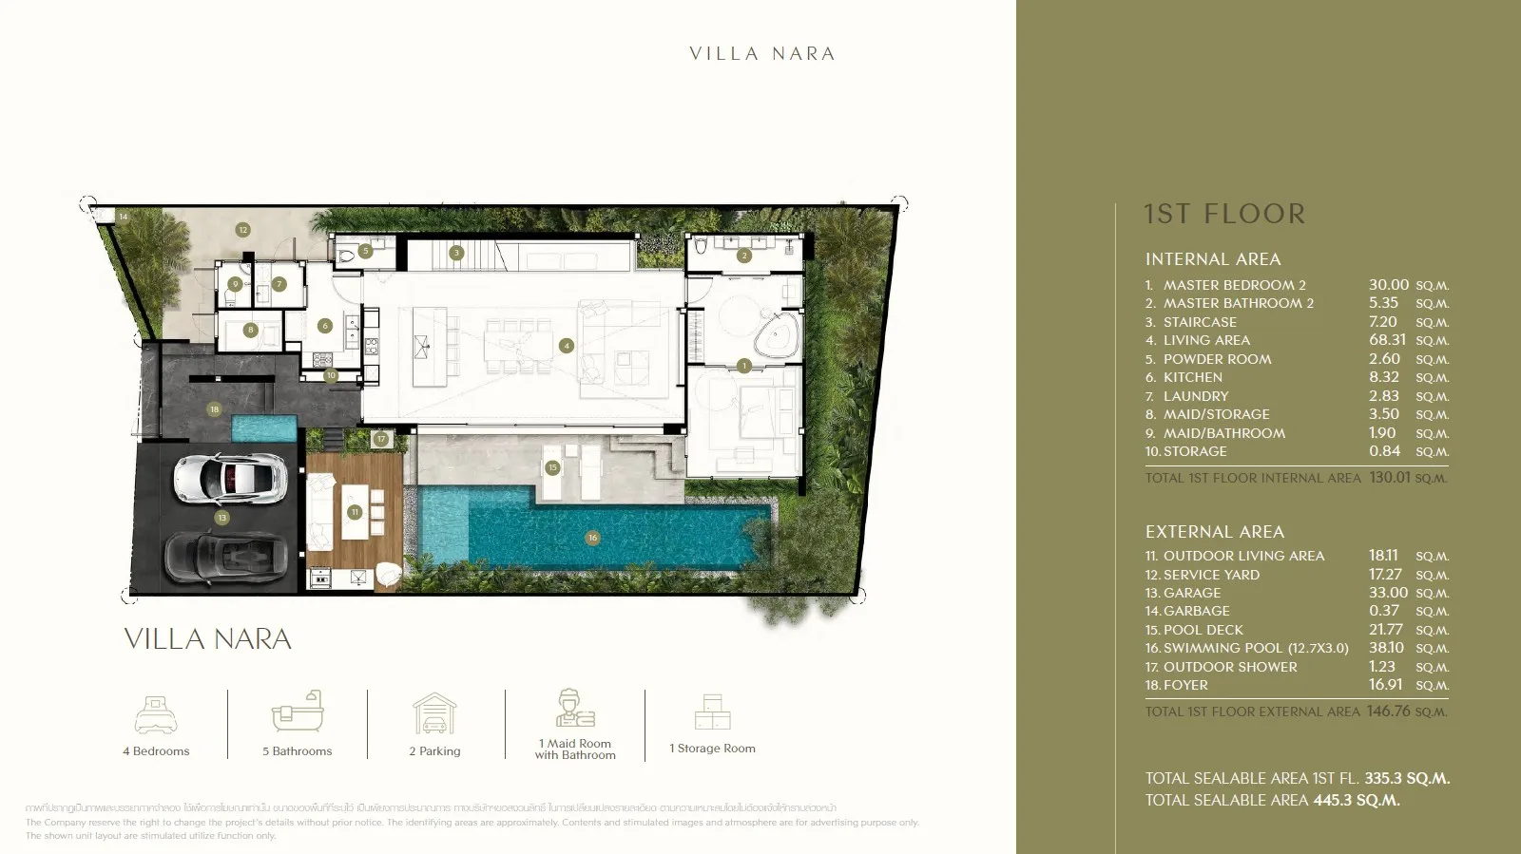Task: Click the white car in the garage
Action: [x=229, y=478]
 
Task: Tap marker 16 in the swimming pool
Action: [x=592, y=538]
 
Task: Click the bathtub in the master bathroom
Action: [x=778, y=336]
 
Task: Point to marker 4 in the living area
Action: [x=567, y=346]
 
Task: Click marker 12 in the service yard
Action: [x=243, y=230]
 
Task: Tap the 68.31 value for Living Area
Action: [x=1387, y=340]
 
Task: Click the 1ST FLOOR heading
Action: [x=1224, y=215]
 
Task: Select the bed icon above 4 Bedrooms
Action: [x=155, y=714]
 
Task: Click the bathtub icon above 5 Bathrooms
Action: [x=298, y=712]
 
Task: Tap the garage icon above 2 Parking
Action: [x=434, y=713]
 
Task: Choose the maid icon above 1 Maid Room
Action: [x=574, y=709]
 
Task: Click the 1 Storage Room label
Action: [x=712, y=749]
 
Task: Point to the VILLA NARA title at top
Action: [x=762, y=54]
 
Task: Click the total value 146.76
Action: [x=1388, y=712]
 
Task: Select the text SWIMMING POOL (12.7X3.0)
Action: [x=1256, y=648]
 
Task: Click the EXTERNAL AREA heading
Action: [x=1214, y=532]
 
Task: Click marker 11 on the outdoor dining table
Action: [x=355, y=512]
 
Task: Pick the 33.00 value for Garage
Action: [x=1388, y=593]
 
